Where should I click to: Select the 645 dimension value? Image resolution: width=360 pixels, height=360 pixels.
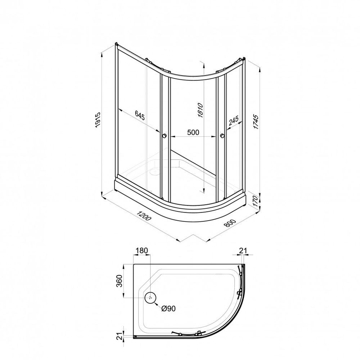tap(140, 115)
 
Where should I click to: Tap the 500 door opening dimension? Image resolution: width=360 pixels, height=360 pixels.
tap(193, 132)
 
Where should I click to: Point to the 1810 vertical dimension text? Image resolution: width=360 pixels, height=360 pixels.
tap(200, 111)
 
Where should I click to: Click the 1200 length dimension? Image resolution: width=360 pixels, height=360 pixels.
tap(144, 216)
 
